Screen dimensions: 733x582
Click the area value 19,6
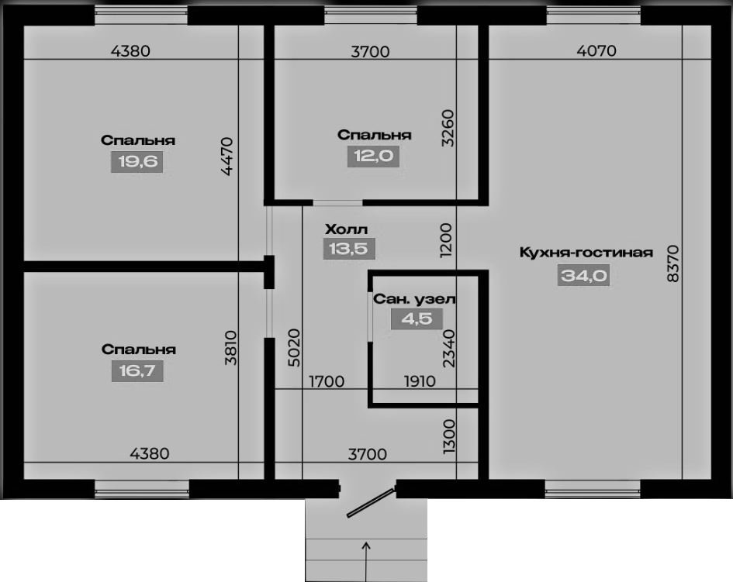click(137, 162)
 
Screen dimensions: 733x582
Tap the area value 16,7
click(137, 371)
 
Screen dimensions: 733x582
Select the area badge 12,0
click(374, 156)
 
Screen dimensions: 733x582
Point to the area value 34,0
click(584, 276)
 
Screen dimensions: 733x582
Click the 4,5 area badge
click(417, 319)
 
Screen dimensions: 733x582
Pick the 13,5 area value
click(349, 249)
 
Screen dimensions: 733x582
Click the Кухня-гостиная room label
click(586, 253)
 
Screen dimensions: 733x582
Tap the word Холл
click(347, 229)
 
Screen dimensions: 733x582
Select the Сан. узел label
click(414, 299)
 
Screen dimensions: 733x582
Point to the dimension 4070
click(596, 50)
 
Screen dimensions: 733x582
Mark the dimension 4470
click(226, 156)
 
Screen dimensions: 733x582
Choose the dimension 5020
click(293, 347)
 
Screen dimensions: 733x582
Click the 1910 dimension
click(420, 381)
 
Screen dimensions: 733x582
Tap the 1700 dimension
click(327, 381)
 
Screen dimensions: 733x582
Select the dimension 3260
click(448, 128)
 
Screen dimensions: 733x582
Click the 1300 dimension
click(448, 436)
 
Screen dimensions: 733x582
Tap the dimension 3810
click(231, 347)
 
